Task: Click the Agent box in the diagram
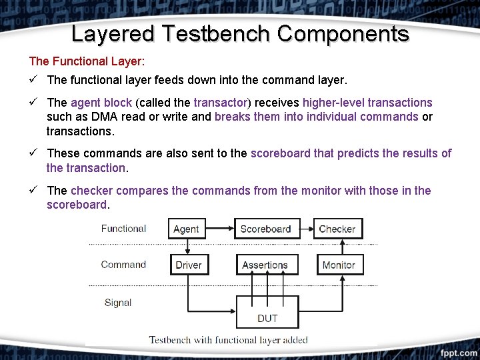click(x=186, y=229)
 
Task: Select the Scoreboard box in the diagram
click(x=265, y=229)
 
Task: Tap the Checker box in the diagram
click(x=337, y=229)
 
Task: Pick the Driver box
click(x=189, y=265)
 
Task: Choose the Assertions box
click(x=265, y=265)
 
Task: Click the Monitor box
click(x=339, y=265)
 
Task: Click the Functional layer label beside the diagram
click(x=123, y=229)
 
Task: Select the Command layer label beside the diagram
click(x=123, y=265)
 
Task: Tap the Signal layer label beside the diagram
click(x=118, y=303)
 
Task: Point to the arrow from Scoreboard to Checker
click(x=305, y=229)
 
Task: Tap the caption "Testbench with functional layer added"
click(x=228, y=340)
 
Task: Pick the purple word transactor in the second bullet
click(x=220, y=103)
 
